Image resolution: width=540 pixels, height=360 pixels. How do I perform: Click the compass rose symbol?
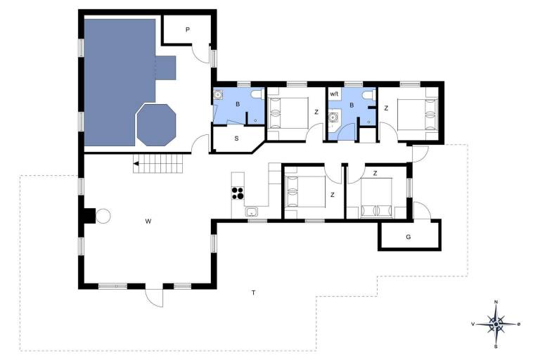(x=496, y=324)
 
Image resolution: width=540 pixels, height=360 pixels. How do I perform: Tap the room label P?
(x=188, y=30)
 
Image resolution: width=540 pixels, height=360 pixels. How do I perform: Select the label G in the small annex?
(x=409, y=237)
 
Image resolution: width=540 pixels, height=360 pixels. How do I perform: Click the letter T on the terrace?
(x=252, y=292)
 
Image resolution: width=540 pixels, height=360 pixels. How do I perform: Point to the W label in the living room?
(x=148, y=221)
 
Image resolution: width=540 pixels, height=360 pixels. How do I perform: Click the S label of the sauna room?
(x=236, y=139)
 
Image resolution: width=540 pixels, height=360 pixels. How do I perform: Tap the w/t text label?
(x=334, y=94)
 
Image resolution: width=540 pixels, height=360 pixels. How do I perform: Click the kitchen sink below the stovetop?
(x=252, y=212)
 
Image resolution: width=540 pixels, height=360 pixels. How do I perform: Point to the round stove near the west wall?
(x=103, y=216)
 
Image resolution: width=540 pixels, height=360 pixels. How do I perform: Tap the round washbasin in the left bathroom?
(x=218, y=96)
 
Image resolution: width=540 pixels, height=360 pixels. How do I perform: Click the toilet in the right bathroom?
(x=366, y=96)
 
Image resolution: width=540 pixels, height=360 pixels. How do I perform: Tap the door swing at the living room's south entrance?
(x=153, y=298)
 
